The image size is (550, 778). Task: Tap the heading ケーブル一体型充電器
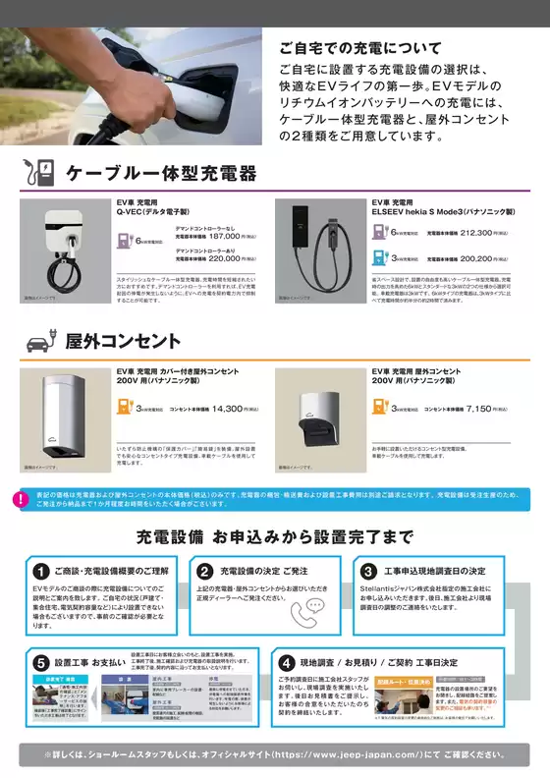click(161, 175)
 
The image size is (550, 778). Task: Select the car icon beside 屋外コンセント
click(36, 342)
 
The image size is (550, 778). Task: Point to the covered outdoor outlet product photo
click(64, 417)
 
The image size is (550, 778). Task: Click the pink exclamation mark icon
click(21, 500)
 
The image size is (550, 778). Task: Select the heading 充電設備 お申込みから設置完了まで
click(275, 538)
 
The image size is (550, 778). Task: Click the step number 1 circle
click(41, 571)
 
